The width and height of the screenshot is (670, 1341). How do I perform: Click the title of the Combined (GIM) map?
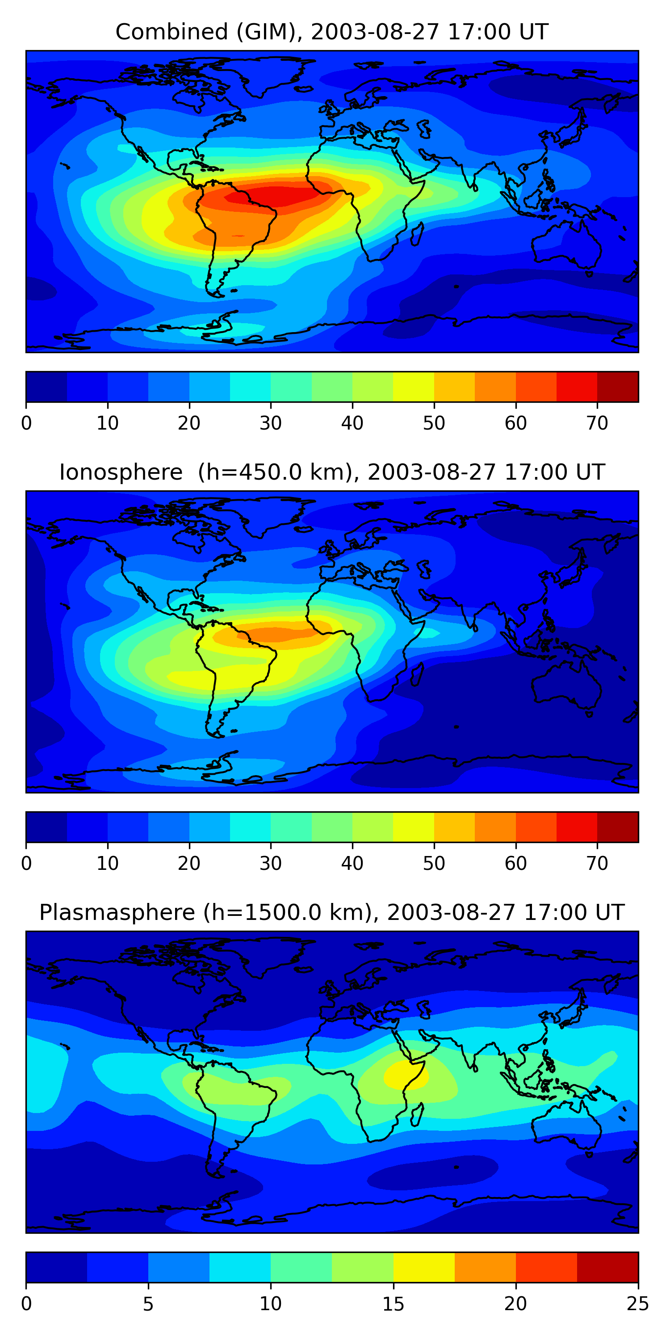point(331,32)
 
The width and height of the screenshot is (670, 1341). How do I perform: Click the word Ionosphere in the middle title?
point(121,472)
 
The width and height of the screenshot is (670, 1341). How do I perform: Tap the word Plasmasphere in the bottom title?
point(117,913)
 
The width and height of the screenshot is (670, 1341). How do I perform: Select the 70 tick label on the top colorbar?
point(597,423)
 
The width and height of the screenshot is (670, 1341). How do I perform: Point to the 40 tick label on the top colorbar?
point(352,423)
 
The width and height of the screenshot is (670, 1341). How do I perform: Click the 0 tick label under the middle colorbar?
point(26,864)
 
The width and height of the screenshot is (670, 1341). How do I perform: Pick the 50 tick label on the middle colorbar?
point(434,864)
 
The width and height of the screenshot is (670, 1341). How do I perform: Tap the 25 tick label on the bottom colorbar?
point(637,1304)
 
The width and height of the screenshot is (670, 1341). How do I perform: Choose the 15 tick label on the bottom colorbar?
point(393,1304)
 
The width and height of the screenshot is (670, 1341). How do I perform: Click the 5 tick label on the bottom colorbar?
point(148,1304)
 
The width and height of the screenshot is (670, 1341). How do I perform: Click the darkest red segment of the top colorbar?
point(617,387)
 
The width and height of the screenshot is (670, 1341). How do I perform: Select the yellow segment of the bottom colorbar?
point(424,1268)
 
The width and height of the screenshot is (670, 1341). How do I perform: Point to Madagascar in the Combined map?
point(417,234)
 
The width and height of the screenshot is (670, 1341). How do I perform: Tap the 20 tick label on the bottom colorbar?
point(515,1304)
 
